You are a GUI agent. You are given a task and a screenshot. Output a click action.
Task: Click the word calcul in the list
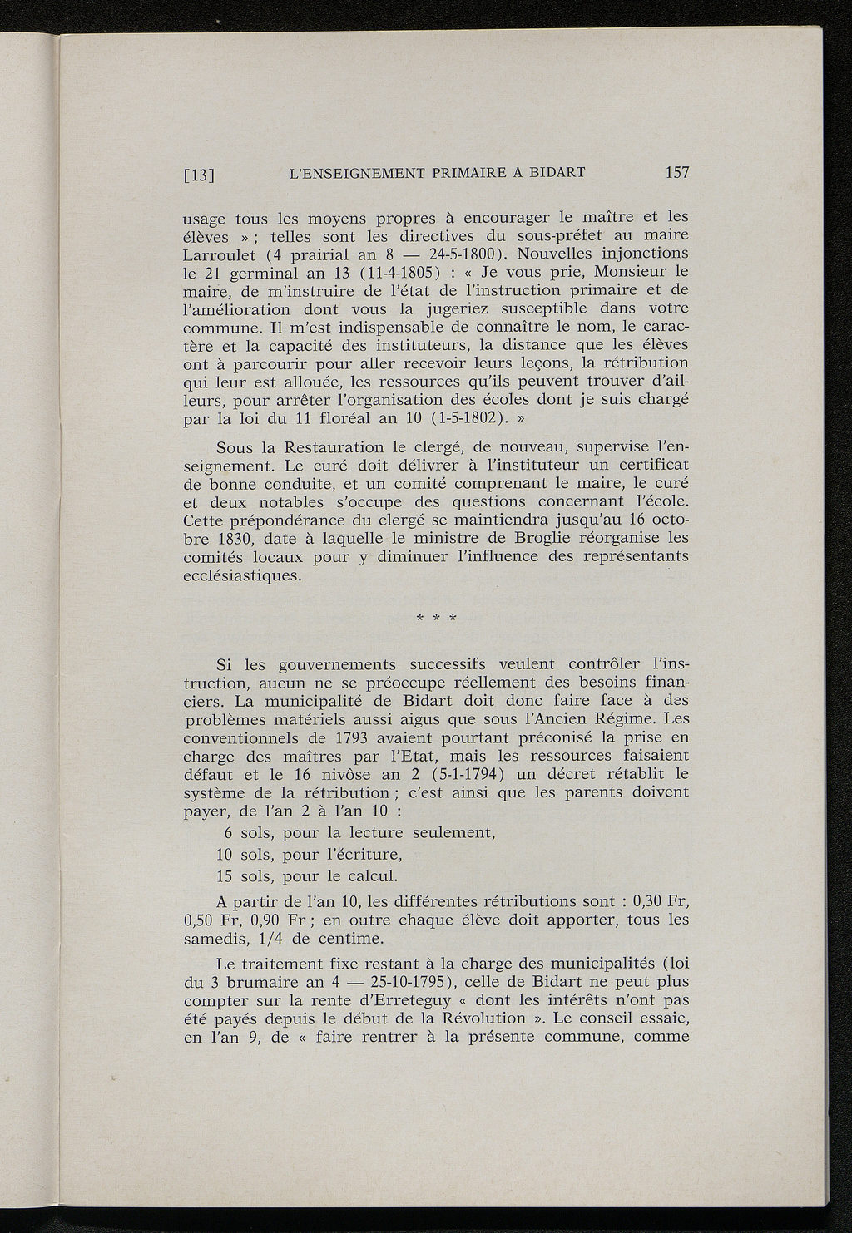[x=374, y=876]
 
